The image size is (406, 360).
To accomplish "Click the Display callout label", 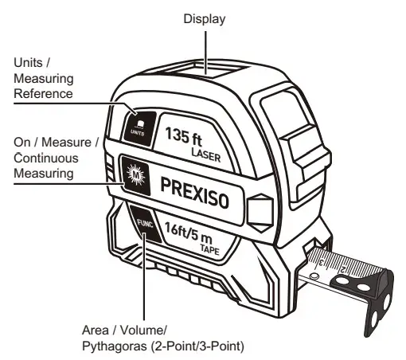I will (x=205, y=17).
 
